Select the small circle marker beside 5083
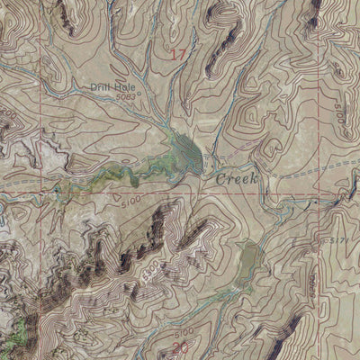pos(139,88)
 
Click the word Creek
pos(237,179)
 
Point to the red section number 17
pos(177,56)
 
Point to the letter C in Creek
pos(219,179)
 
